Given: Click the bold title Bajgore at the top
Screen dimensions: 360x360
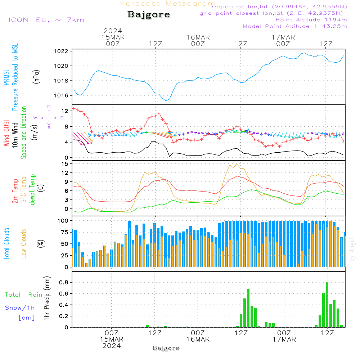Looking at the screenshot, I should click(x=149, y=15).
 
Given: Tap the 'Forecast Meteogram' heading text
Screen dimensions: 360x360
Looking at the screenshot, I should click(x=168, y=4).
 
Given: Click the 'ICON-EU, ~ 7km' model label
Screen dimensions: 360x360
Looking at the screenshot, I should click(x=46, y=19).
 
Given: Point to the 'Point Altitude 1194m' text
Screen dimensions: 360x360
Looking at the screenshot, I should click(x=311, y=20).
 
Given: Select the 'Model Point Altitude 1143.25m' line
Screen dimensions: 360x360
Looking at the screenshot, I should click(x=295, y=26).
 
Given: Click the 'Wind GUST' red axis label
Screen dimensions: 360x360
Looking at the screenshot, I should click(x=6, y=134).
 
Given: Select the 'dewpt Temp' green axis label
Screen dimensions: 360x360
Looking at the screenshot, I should click(x=33, y=190).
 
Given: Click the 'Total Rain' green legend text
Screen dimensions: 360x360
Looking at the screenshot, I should click(x=24, y=295).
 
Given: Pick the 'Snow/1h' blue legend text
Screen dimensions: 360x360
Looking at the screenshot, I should click(x=20, y=308).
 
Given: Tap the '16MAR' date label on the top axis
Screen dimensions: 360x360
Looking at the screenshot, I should click(x=198, y=37).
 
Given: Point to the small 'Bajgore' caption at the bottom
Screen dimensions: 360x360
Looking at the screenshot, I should click(x=166, y=348).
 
